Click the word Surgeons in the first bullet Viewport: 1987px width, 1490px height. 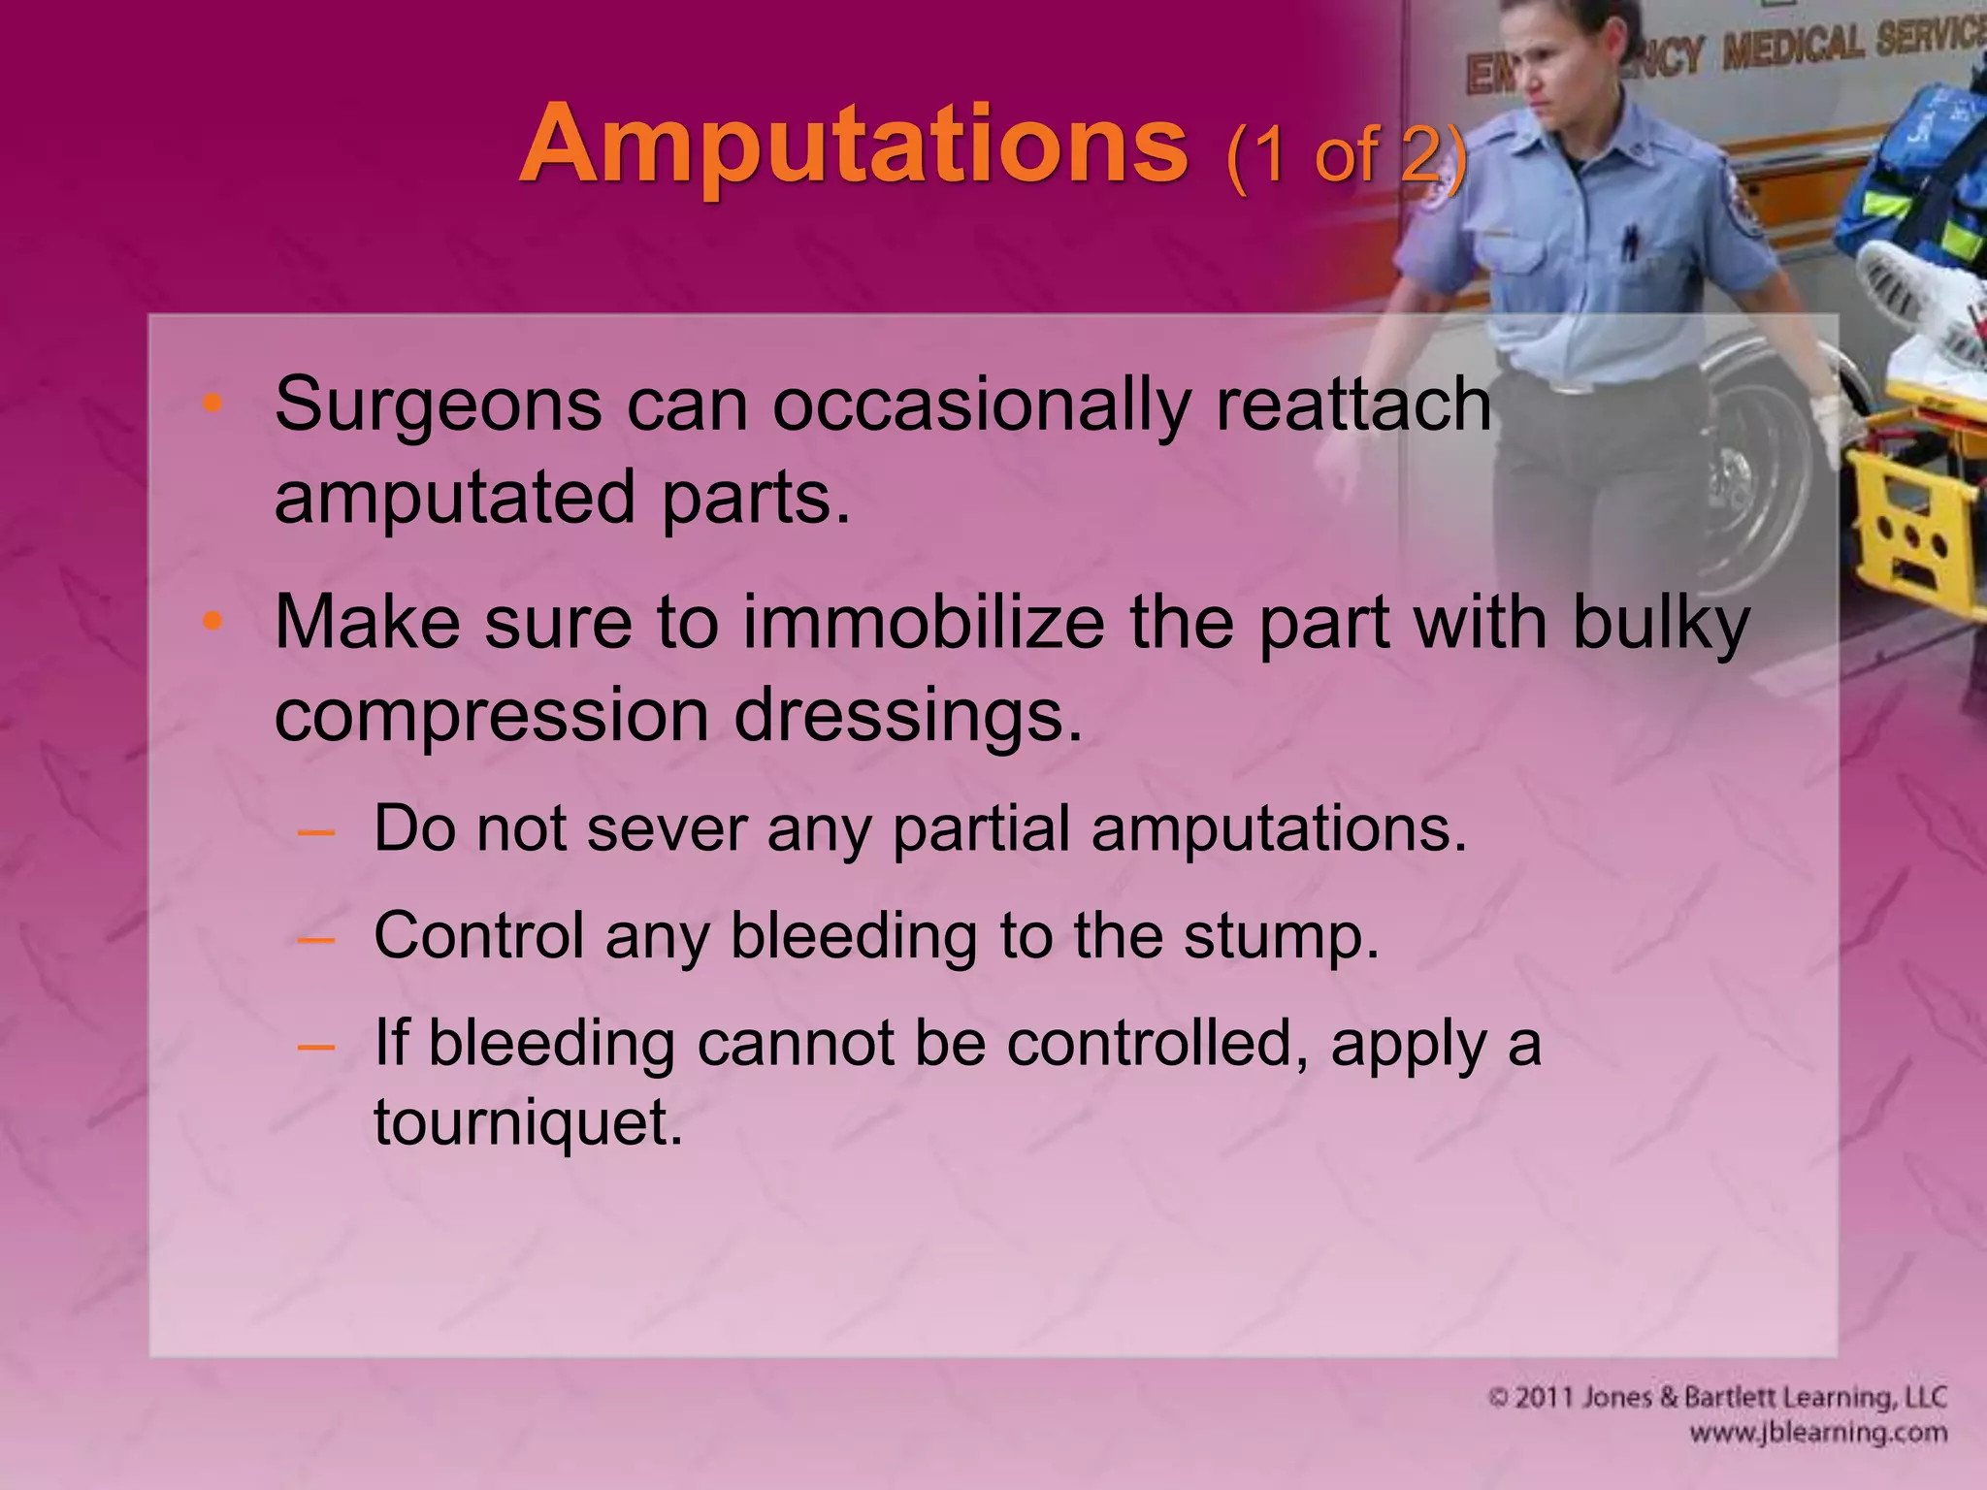(x=438, y=405)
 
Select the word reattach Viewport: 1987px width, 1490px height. (x=1352, y=405)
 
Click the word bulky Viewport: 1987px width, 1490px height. (x=1661, y=624)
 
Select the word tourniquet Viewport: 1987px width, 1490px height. (x=529, y=1122)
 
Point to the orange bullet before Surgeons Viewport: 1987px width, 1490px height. (x=212, y=405)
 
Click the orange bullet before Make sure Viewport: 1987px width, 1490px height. (x=212, y=622)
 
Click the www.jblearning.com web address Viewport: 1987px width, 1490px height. (x=1817, y=1433)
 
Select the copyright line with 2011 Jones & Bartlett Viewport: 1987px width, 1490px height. (x=1716, y=1398)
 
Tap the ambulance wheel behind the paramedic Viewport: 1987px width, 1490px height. (x=1756, y=456)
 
